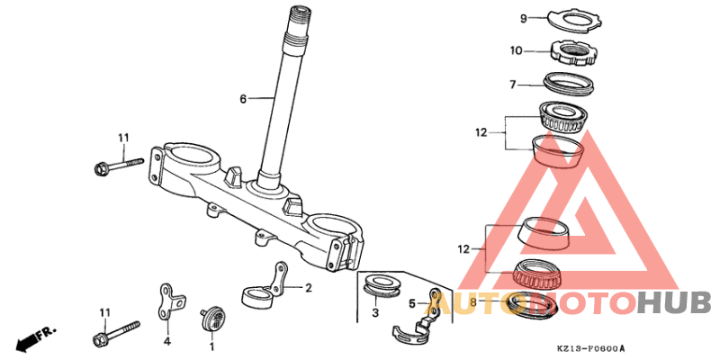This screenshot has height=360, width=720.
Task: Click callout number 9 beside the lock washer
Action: (524, 19)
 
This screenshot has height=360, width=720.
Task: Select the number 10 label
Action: (516, 50)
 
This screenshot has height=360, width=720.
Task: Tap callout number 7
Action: (512, 85)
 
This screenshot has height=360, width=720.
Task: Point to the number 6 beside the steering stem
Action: (243, 98)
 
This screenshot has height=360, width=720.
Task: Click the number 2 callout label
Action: (309, 288)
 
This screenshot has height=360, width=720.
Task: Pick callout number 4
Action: (167, 342)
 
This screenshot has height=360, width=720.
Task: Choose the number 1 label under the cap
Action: (211, 344)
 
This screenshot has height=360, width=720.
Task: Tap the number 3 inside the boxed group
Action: (375, 313)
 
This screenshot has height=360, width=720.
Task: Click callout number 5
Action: (412, 303)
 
